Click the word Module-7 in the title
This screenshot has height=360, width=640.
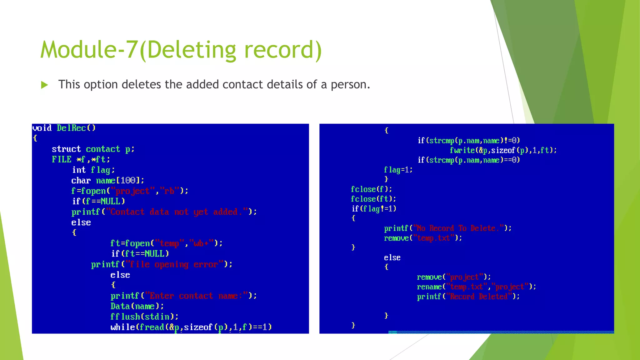89,50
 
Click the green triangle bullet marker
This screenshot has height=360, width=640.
44,85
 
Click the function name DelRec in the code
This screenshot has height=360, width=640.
71,128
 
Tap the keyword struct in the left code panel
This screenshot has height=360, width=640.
66,149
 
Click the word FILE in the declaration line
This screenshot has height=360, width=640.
62,159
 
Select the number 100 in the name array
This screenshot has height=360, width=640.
128,180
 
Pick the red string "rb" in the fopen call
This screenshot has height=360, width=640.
169,191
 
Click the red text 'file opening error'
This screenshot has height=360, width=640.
174,264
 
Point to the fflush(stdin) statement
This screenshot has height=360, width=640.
144,317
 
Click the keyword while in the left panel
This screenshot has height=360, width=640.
122,327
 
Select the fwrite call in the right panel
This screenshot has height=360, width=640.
503,150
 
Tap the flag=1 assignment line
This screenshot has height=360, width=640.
398,170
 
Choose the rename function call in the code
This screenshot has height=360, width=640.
429,287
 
